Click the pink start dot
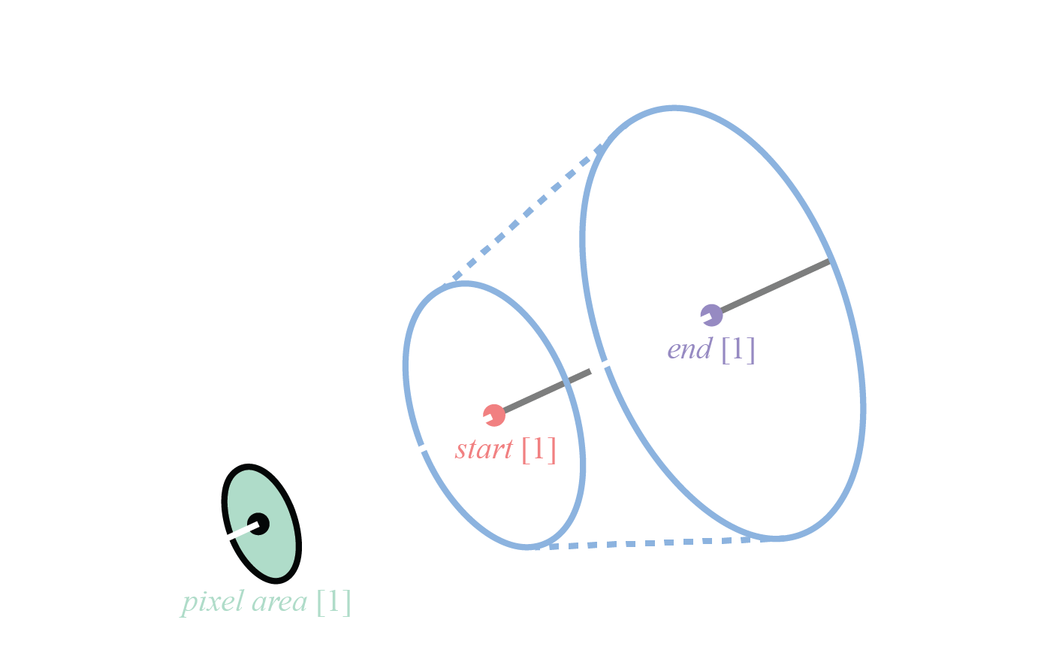493,415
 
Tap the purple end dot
711,315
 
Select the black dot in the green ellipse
258,523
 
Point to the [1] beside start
539,449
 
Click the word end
689,349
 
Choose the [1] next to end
738,349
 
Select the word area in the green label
279,602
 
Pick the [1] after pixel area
333,602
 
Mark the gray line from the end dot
774,287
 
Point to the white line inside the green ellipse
242,531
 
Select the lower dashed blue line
646,543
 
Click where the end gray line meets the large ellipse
830,261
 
